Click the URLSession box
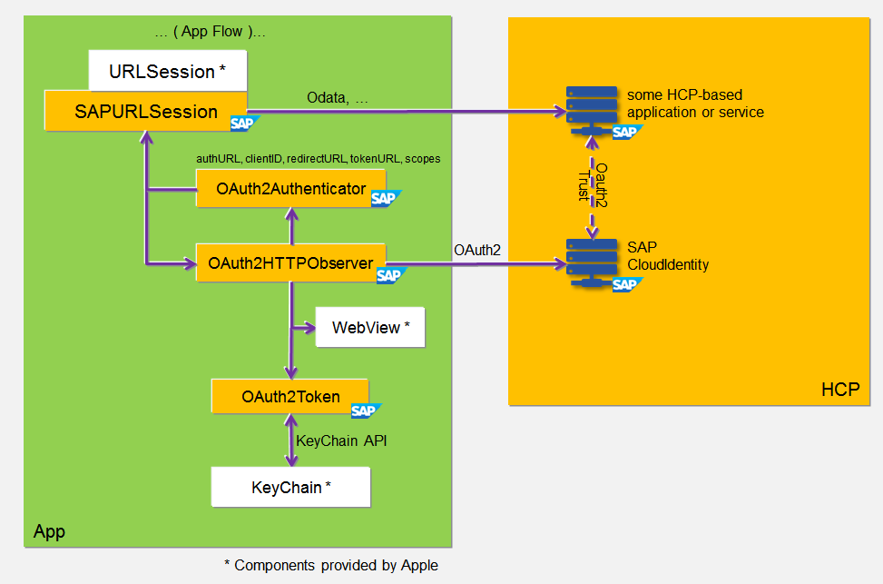pos(168,71)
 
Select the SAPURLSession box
pos(145,112)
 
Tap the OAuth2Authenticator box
pos(290,189)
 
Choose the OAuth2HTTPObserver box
pos(290,263)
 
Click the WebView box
pos(370,328)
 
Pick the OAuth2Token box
pos(290,396)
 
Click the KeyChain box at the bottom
pos(290,488)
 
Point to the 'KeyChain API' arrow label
pos(342,440)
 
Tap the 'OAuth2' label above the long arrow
pos(476,249)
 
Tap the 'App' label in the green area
pos(49,531)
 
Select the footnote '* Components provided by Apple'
pos(330,565)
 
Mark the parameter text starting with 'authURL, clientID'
pos(318,158)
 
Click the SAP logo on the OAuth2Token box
pos(366,411)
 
